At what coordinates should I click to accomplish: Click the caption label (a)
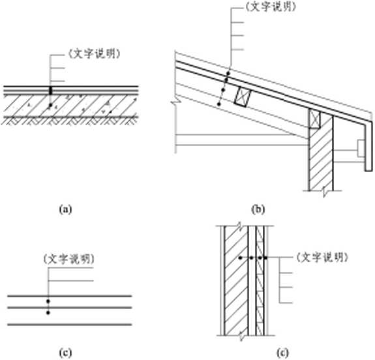pyautogui.click(x=65, y=209)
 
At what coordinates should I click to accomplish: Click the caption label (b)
pyautogui.click(x=258, y=209)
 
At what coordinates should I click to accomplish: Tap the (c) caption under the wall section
pyautogui.click(x=282, y=353)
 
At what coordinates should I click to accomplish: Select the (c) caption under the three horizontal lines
pyautogui.click(x=65, y=353)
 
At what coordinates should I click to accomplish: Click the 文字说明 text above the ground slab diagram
pyautogui.click(x=94, y=54)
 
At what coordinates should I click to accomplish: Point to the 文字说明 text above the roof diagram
pyautogui.click(x=271, y=6)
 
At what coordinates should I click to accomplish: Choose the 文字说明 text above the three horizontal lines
pyautogui.click(x=68, y=259)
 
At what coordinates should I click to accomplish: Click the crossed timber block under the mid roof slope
pyautogui.click(x=243, y=97)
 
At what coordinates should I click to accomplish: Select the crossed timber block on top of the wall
pyautogui.click(x=315, y=119)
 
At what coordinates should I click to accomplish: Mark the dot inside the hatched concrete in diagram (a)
pyautogui.click(x=50, y=105)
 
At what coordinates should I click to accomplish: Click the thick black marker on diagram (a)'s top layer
pyautogui.click(x=50, y=91)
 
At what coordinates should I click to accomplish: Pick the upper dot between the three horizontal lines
pyautogui.click(x=48, y=301)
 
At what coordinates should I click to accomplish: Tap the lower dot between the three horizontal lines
pyautogui.click(x=48, y=312)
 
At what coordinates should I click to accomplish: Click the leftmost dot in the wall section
pyautogui.click(x=241, y=258)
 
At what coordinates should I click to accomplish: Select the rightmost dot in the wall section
pyautogui.click(x=265, y=258)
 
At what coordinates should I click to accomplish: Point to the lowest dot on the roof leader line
pyautogui.click(x=218, y=104)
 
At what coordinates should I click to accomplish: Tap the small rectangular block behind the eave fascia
pyautogui.click(x=361, y=148)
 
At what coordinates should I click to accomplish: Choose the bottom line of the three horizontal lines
pyautogui.click(x=70, y=325)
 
